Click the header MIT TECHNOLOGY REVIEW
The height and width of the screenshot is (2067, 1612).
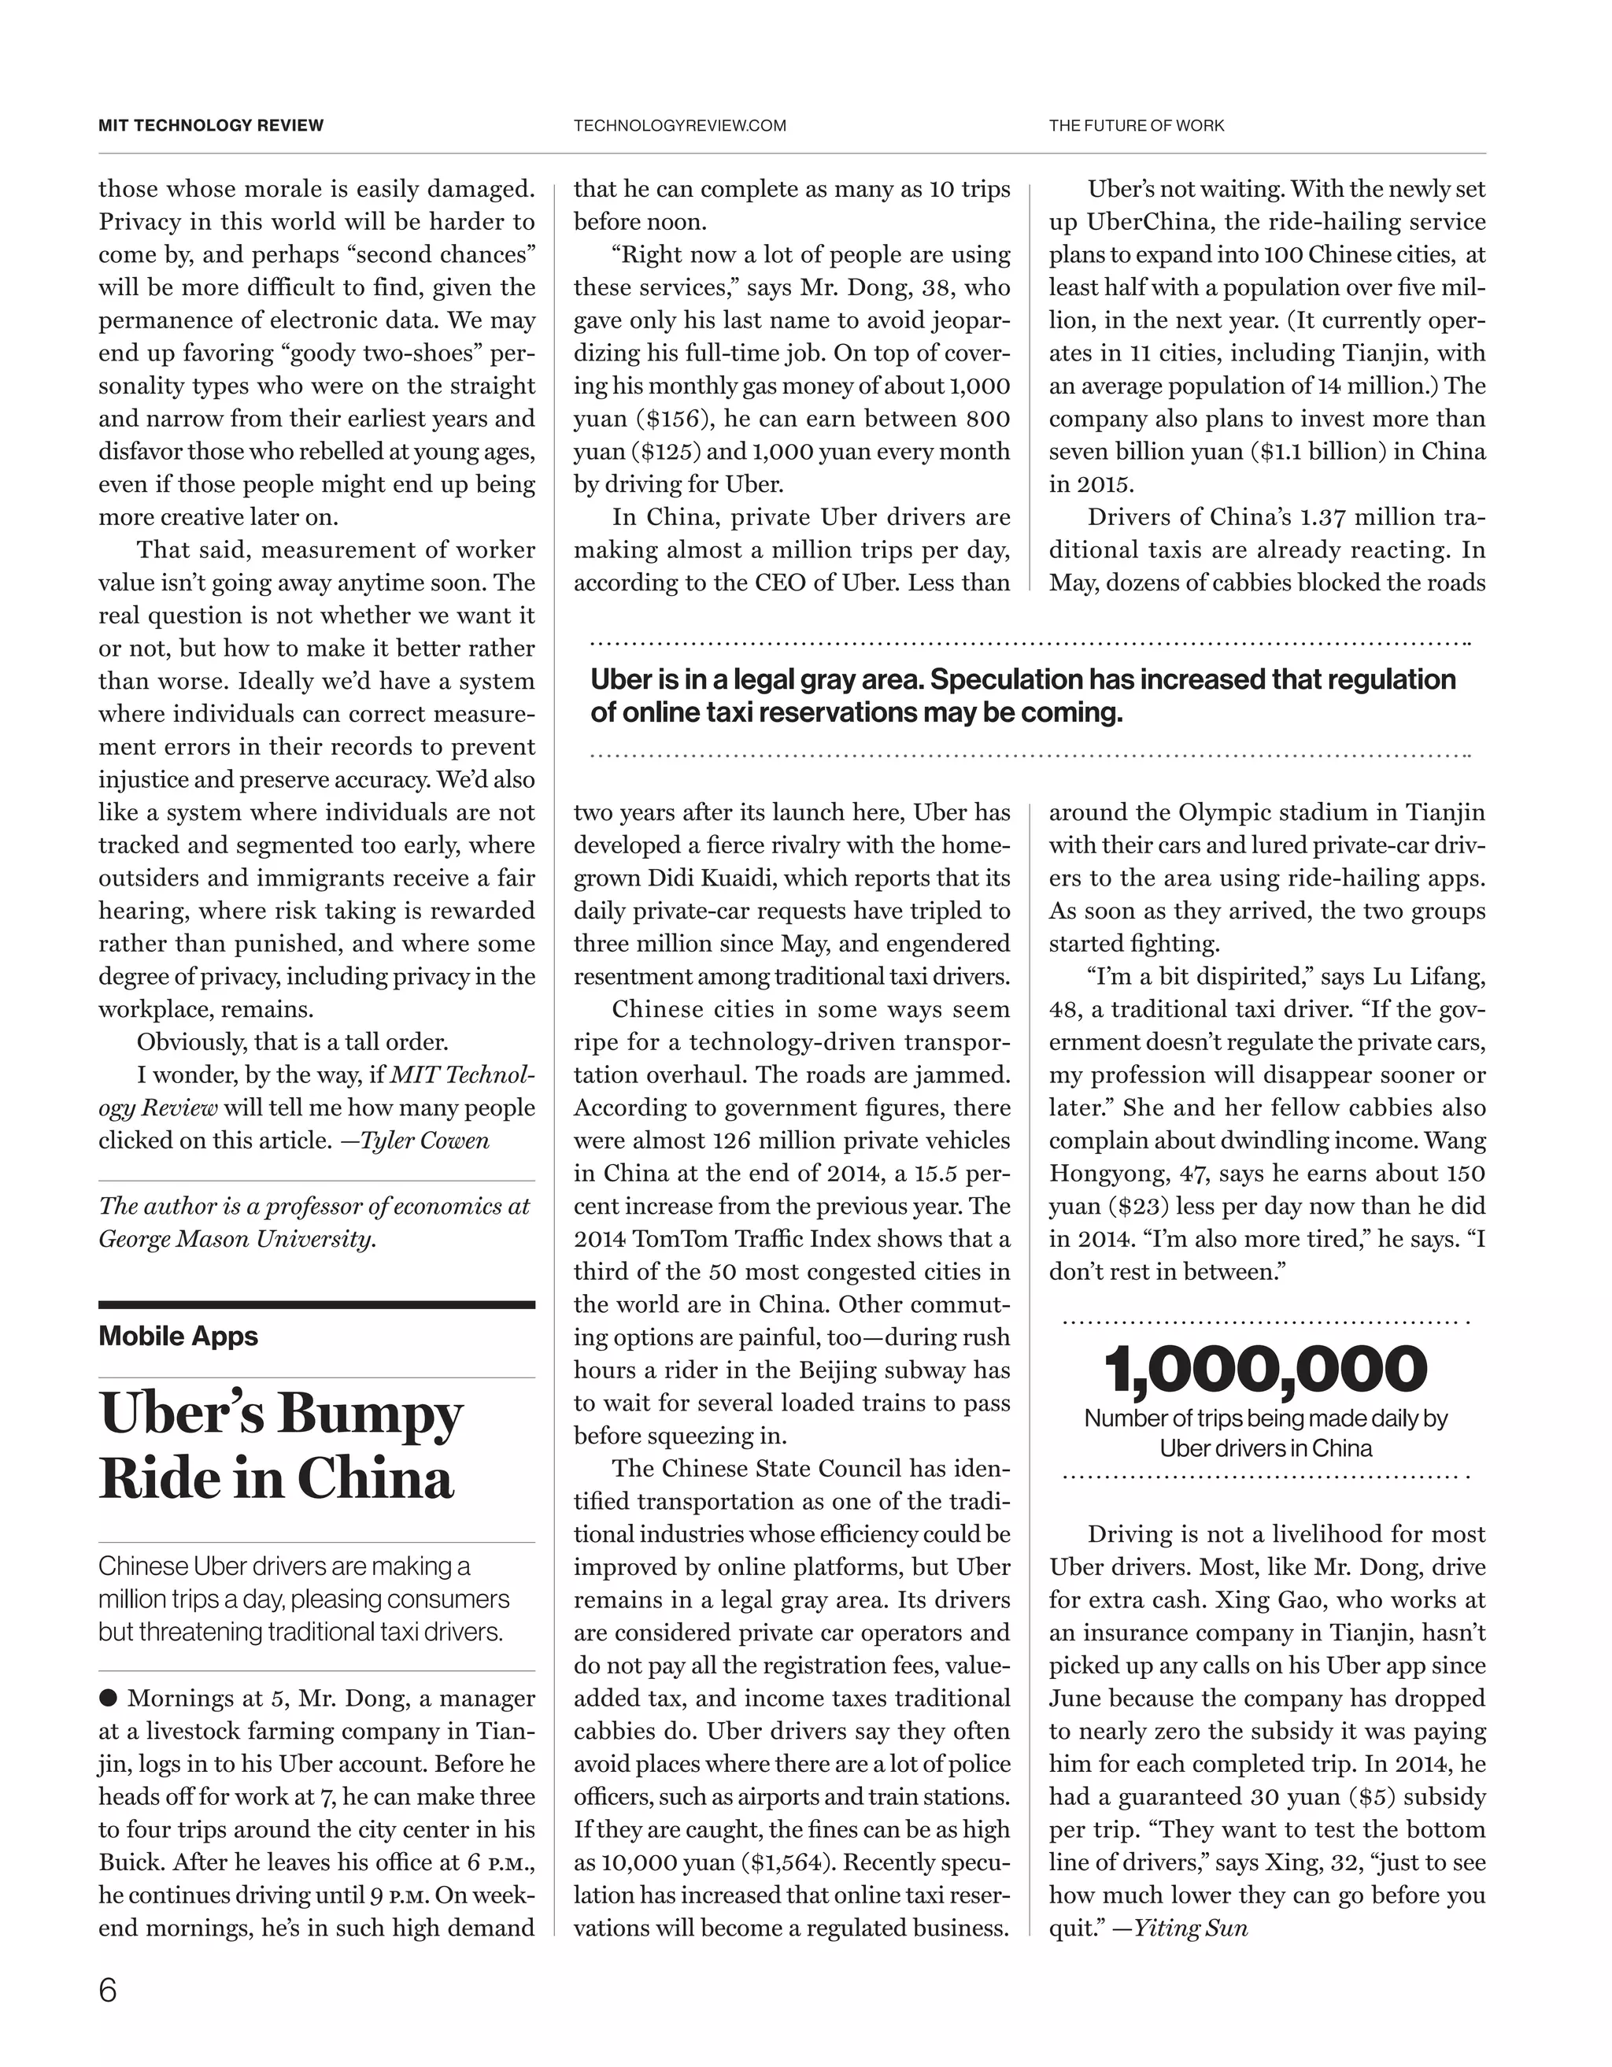click(211, 125)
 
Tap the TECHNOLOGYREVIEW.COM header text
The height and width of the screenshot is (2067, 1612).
click(679, 125)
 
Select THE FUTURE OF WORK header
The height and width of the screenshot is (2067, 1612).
click(1136, 125)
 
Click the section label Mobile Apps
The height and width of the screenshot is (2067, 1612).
click(178, 1336)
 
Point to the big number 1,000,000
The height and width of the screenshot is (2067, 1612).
click(1266, 1369)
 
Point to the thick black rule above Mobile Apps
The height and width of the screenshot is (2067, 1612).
click(316, 1305)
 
